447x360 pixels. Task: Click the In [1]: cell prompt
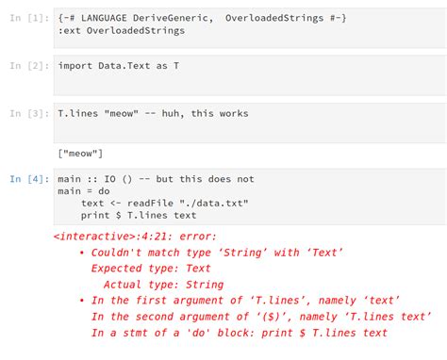tap(29, 17)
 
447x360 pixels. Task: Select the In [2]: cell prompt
tap(29, 66)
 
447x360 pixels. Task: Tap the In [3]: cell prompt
tap(29, 114)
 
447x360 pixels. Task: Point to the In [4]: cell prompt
tap(29, 177)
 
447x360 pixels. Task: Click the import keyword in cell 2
tap(78, 66)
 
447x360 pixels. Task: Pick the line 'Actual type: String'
tap(163, 285)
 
